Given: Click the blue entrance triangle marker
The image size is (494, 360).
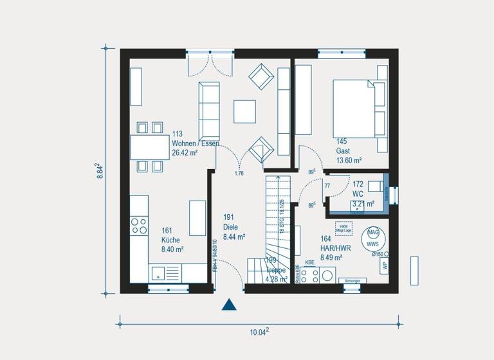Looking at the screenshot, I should click(229, 305).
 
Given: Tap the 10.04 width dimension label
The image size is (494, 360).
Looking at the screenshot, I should click(259, 332).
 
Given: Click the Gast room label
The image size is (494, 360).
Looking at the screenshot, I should click(343, 150).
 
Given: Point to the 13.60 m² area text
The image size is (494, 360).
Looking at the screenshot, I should click(348, 160).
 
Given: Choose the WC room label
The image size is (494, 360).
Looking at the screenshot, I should click(358, 194).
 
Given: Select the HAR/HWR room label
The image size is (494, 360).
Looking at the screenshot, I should click(331, 248).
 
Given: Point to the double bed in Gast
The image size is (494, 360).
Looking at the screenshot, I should click(356, 108).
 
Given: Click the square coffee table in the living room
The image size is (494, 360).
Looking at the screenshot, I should click(244, 111).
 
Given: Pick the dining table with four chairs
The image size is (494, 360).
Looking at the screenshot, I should click(151, 147).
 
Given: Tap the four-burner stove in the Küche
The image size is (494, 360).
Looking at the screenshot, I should click(140, 226).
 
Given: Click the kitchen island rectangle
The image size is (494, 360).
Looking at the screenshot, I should click(197, 217).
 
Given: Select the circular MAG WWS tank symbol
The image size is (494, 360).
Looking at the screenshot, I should click(372, 239).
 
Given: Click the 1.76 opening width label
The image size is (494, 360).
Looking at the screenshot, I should click(239, 174).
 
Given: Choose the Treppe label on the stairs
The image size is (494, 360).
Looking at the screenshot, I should click(275, 270).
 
